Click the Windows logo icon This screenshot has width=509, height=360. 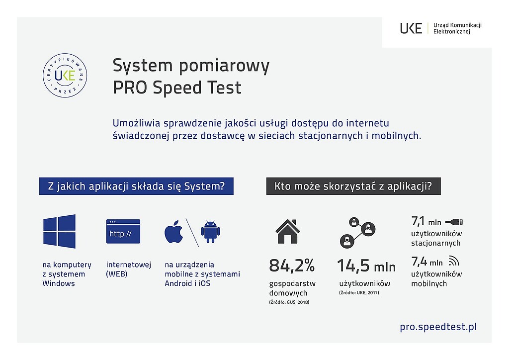point(60,231)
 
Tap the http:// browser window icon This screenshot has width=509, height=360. point(123,231)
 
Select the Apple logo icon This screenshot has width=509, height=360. point(173,232)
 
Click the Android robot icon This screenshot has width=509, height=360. point(210,232)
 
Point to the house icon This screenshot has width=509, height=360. point(288,231)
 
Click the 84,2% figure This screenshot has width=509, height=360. point(292,265)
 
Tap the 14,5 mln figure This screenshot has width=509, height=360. point(366,266)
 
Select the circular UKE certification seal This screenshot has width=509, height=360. point(65,75)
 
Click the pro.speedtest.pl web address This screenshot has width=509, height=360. point(438,327)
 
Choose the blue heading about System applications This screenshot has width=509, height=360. point(136,186)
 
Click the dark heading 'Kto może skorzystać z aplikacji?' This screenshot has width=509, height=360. point(353,186)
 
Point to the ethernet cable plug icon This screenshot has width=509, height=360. point(454,222)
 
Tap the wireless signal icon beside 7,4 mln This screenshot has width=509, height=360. point(454,261)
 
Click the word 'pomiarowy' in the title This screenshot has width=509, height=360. point(224,66)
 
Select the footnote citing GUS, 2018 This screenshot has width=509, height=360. point(289,302)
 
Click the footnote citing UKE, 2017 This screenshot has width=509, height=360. point(359,292)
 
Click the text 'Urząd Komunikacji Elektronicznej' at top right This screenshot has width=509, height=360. point(457,28)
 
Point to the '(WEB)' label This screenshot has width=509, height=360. point(116,274)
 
